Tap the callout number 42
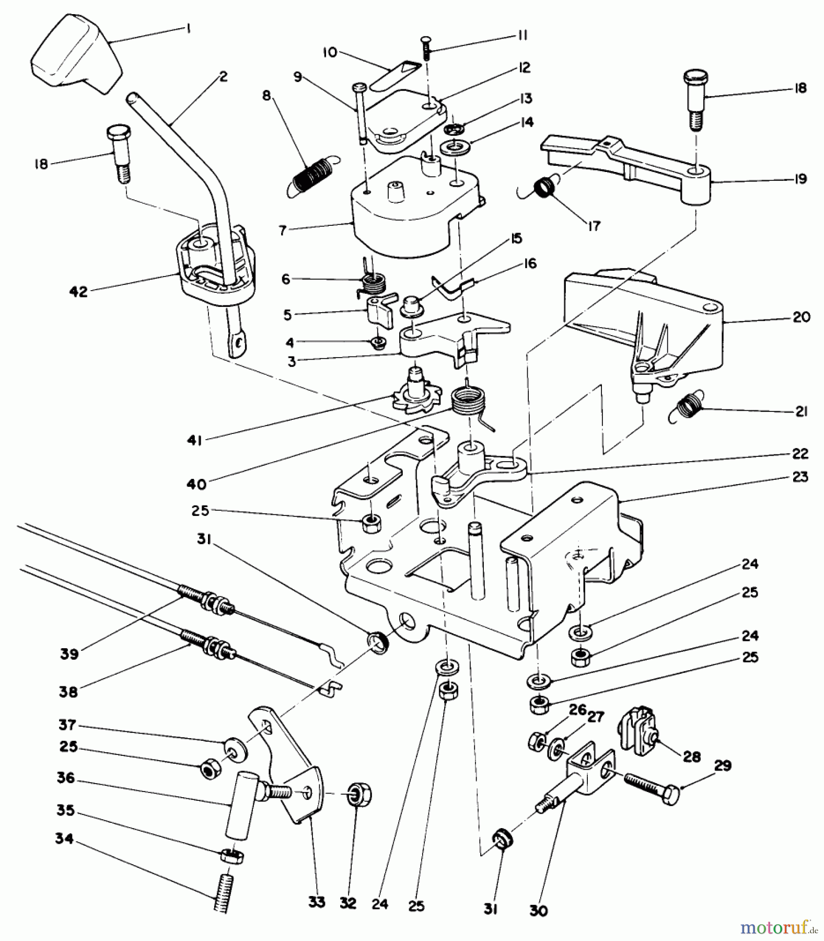coord(78,292)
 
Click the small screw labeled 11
coord(426,51)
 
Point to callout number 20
coord(801,317)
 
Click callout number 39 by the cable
coord(69,653)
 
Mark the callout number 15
coord(516,239)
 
